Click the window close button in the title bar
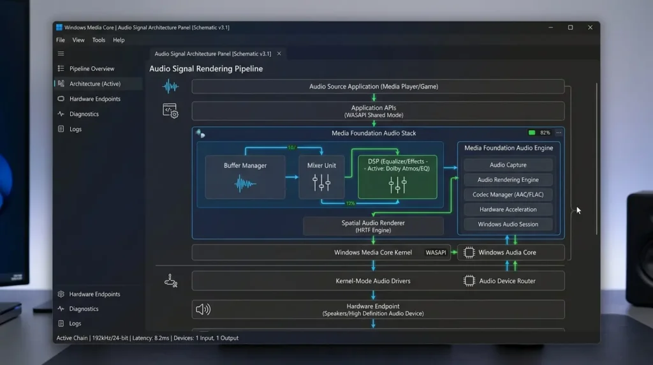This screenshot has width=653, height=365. coord(590,27)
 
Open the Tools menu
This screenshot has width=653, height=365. coord(99,40)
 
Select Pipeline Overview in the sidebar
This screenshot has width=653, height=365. coord(92,69)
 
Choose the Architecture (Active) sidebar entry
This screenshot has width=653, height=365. coord(95,84)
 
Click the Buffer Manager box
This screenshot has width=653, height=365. coord(246,177)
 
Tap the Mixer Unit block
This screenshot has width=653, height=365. coord(321,177)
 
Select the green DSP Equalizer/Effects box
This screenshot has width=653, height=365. coord(398,177)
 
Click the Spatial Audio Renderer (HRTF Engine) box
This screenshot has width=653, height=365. coord(373,227)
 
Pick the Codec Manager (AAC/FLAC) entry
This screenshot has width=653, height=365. coord(508,195)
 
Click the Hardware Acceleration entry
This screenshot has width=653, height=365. coord(508,209)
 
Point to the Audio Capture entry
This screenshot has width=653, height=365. coord(508,165)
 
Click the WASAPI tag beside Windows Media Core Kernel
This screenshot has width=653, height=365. coord(436,253)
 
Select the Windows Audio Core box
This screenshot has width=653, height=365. coord(511,253)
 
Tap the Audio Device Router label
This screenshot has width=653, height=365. coord(507,281)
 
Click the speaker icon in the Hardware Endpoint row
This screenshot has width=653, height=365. coord(203,309)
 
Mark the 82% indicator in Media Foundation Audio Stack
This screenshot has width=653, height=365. coord(545,133)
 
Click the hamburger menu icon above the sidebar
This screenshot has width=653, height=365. coord(61,54)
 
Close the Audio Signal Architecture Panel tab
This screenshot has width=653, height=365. coord(279,54)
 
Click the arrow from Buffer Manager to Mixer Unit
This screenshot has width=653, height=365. coord(292,177)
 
